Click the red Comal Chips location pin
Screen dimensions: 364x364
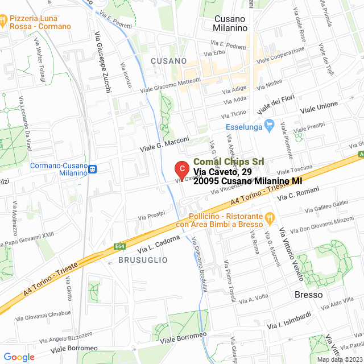point(181,169)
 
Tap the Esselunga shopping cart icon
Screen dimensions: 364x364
point(270,126)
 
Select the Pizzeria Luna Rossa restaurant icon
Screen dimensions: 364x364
point(5,22)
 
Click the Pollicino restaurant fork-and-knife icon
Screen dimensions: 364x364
point(270,217)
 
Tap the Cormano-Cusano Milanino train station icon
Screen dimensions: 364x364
point(92,168)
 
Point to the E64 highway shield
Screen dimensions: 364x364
point(120,246)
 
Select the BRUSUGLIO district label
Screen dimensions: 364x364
point(143,259)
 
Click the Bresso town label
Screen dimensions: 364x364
point(308,295)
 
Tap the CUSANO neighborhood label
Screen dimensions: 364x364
point(169,60)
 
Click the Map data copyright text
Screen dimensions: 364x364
point(339,359)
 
